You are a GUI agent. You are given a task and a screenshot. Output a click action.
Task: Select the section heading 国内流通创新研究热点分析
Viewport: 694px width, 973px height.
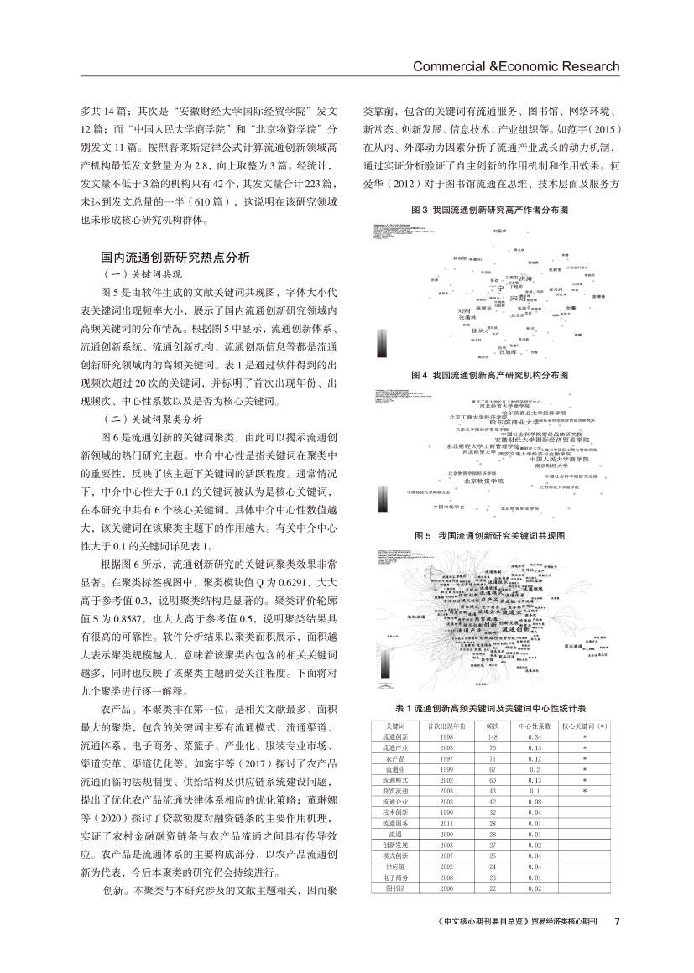[x=175, y=258]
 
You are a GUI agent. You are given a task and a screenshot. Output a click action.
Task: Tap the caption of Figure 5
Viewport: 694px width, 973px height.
[x=493, y=534]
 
